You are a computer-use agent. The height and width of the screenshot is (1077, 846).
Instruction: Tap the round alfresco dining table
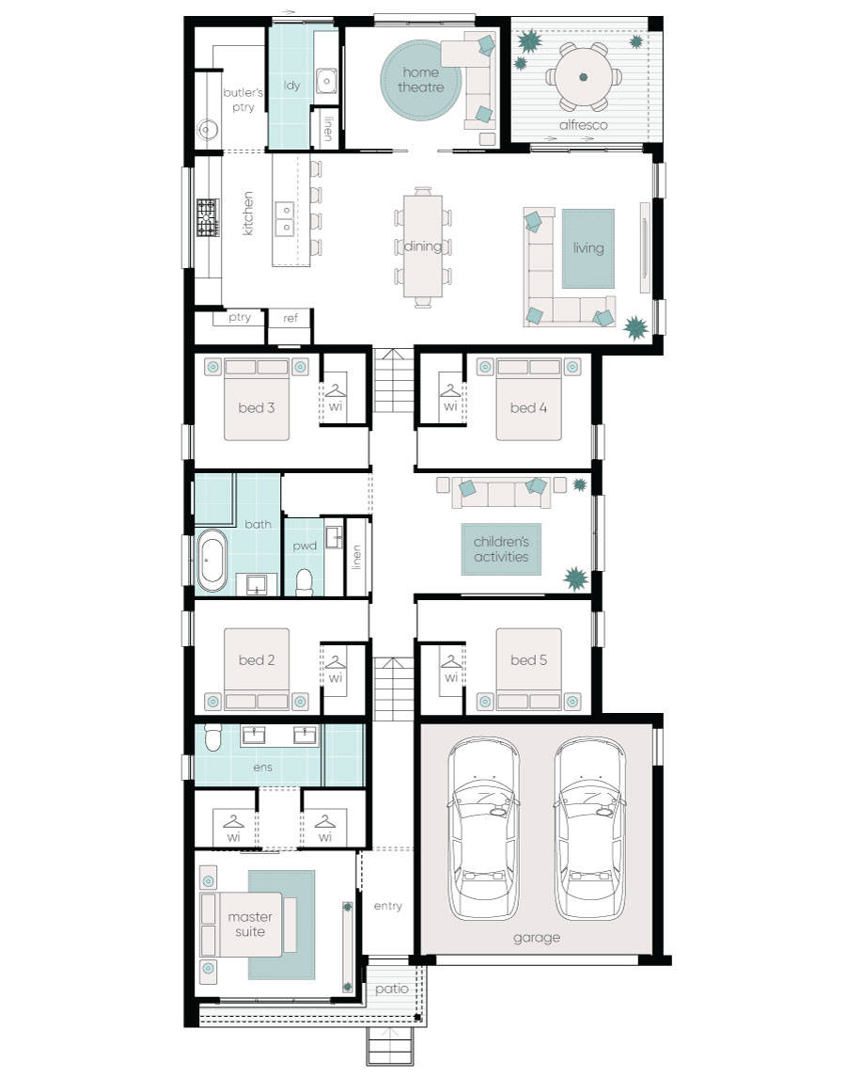583,77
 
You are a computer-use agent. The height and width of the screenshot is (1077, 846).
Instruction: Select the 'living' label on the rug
588,248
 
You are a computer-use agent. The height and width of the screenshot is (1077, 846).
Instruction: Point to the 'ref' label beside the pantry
290,318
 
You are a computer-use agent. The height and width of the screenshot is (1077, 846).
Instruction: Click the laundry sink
325,81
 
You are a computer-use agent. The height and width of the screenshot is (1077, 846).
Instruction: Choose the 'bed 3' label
256,407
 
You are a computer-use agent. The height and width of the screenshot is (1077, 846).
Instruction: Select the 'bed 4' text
528,407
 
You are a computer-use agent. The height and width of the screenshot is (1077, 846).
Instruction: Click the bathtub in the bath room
211,561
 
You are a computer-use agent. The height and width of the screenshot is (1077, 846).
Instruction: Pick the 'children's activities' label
501,549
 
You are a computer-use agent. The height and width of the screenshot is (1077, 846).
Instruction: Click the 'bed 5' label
528,660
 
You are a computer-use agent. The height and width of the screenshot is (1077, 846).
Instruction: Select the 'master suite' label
250,924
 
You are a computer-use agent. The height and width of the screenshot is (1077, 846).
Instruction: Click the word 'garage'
537,937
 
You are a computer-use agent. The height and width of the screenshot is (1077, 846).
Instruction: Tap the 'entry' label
387,906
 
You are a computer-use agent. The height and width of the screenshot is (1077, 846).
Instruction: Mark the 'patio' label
391,989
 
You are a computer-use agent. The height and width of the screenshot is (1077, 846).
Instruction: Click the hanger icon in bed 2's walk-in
336,661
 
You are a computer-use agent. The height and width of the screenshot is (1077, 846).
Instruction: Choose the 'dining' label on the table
423,247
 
